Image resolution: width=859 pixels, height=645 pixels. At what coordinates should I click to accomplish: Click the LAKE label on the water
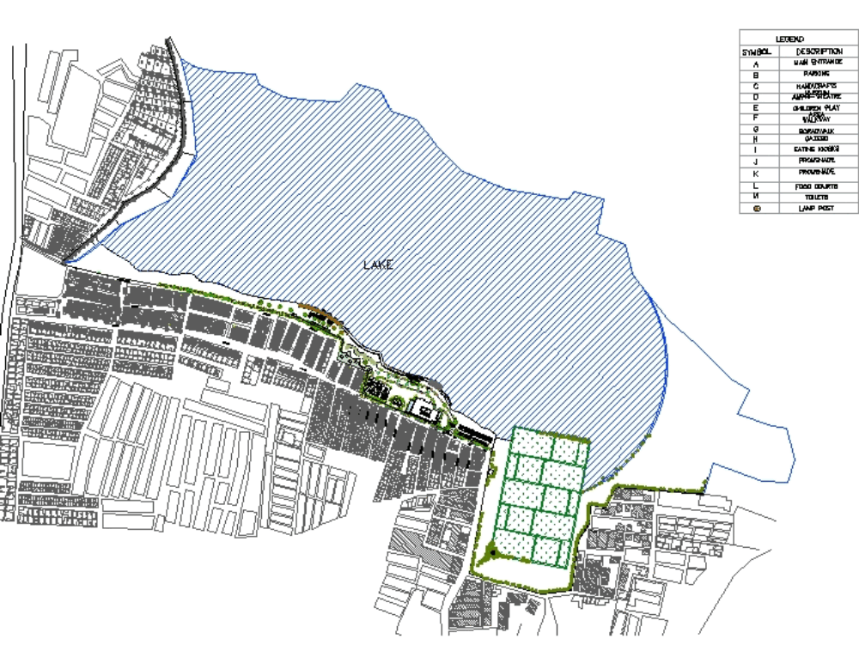tap(378, 265)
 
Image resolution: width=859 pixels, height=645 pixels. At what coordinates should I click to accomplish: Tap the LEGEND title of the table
tap(789, 40)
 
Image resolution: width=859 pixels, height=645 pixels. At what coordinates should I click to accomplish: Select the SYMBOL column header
tap(757, 52)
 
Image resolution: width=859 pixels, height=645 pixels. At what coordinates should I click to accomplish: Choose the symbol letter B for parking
tap(757, 75)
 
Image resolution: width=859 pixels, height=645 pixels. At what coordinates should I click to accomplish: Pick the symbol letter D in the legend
tap(757, 97)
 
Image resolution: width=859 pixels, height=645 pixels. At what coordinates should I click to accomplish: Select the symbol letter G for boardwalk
tap(757, 130)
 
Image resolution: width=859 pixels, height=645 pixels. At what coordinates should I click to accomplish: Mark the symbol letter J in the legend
tap(757, 161)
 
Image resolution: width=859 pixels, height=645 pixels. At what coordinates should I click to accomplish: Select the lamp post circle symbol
tap(757, 208)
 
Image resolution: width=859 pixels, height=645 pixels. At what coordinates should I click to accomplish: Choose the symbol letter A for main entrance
tap(757, 64)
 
